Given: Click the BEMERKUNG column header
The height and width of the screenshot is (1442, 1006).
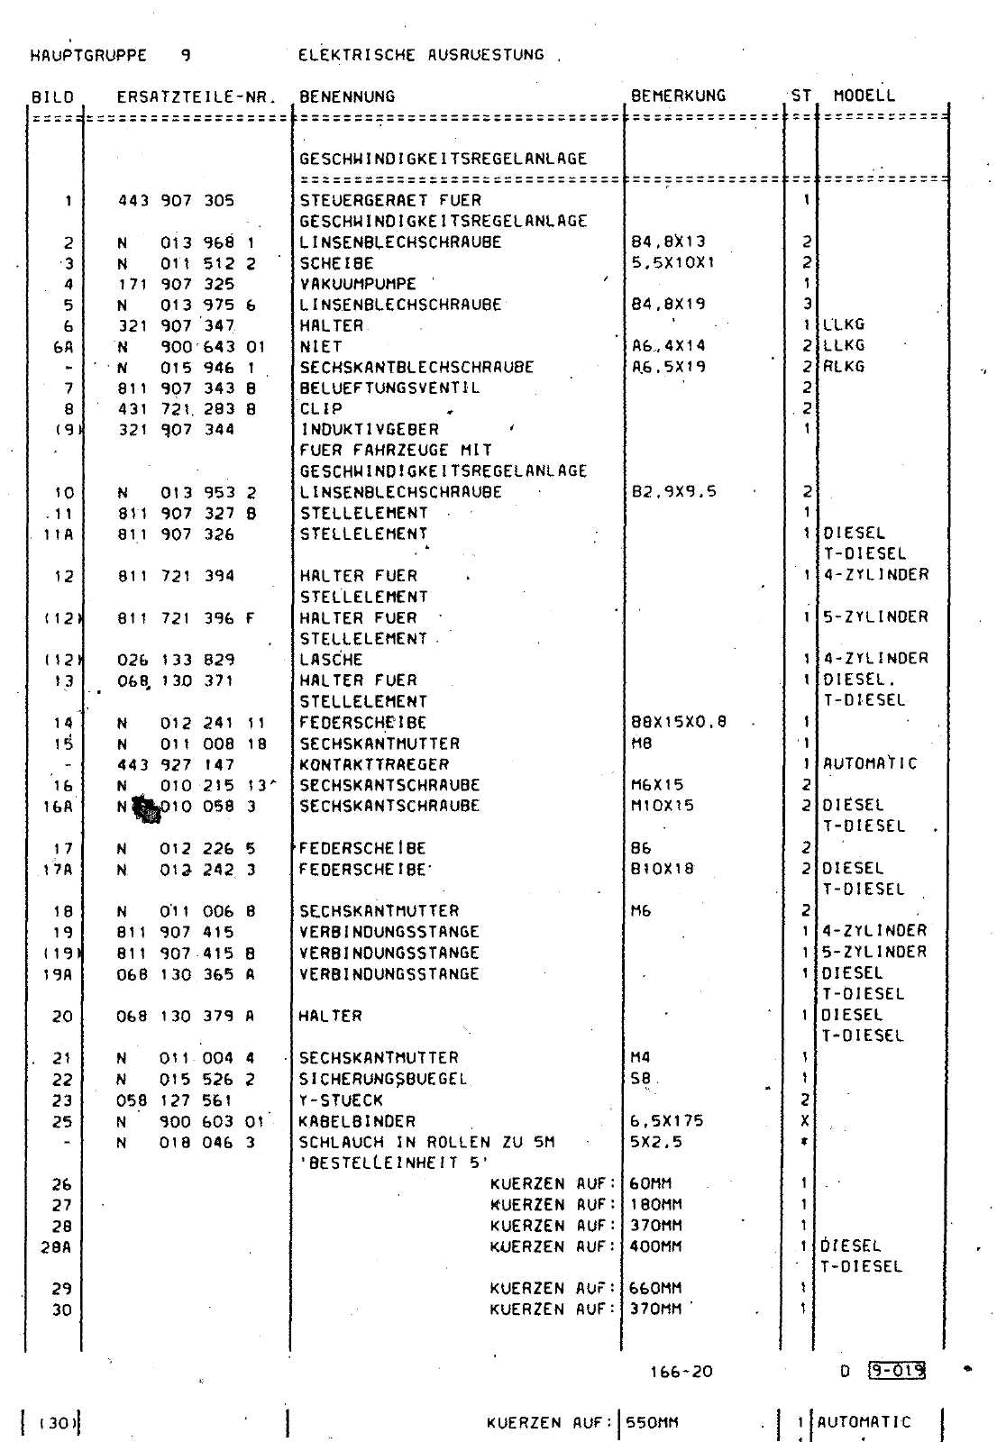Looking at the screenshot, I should pos(678,96).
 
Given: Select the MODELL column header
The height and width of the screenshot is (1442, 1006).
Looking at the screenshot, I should pos(864,96).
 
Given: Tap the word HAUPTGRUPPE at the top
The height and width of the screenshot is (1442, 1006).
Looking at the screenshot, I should pos(88,55).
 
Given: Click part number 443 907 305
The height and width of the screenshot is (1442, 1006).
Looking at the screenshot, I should pos(176,200).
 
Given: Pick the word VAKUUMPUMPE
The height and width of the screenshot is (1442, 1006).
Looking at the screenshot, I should pos(358,284).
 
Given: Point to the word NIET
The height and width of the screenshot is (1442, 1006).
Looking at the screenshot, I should pos(321,346).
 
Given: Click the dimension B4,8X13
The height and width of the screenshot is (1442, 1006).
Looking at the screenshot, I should pos(668,242).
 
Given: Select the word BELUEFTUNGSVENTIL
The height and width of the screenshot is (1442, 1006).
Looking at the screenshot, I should pos(389,388).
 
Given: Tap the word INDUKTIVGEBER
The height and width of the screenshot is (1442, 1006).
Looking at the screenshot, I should pos(370,430).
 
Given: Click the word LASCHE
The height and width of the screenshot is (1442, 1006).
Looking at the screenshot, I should pos(331,659).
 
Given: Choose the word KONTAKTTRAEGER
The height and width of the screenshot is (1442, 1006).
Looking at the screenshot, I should pos(374,764).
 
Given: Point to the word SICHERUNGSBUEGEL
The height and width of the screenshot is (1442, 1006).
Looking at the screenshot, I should pos(383,1079).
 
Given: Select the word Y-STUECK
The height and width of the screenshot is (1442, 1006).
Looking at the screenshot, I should pos(341,1100).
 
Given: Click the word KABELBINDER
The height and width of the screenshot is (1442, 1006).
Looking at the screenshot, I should pos(357,1121).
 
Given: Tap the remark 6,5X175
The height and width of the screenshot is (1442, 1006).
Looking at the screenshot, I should pos(667,1121).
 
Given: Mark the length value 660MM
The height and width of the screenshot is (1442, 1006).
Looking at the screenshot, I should pos(655,1288).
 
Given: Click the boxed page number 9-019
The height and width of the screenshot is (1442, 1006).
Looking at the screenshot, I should pos(895,1372).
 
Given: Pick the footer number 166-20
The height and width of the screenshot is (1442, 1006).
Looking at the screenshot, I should pos(681,1372).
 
